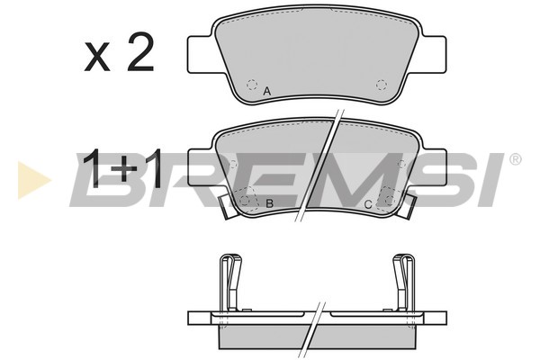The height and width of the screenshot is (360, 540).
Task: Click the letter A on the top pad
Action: click(x=267, y=92)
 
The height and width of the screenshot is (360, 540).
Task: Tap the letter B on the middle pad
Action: click(x=269, y=203)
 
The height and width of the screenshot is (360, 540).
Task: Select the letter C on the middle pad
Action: click(x=368, y=204)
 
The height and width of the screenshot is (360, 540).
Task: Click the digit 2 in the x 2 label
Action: click(x=139, y=52)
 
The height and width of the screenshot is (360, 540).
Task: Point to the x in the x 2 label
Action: click(x=97, y=58)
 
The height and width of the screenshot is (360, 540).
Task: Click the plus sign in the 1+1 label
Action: click(x=128, y=168)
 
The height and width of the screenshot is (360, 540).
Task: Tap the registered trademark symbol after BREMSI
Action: click(x=515, y=159)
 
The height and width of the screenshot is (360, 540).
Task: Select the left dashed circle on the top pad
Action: click(x=252, y=85)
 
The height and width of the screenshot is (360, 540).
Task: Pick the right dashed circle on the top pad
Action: click(x=382, y=85)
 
